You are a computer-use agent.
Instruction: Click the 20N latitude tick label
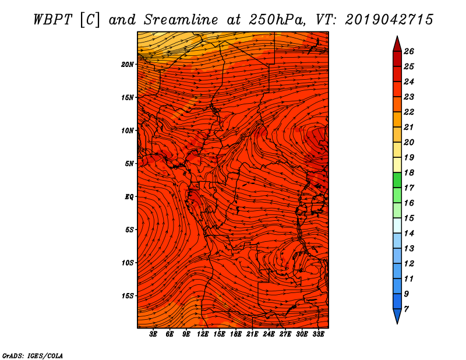click(x=127, y=65)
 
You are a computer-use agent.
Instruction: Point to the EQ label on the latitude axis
click(x=129, y=197)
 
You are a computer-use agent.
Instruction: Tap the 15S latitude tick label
click(x=128, y=296)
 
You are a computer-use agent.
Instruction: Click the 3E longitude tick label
click(x=153, y=334)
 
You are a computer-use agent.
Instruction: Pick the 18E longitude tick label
click(x=235, y=334)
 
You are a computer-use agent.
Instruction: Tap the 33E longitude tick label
click(x=318, y=334)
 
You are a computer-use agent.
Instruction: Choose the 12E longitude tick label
click(x=202, y=334)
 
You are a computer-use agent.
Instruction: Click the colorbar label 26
click(x=409, y=51)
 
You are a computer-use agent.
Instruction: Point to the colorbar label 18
click(x=409, y=172)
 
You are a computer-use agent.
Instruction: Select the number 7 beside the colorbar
click(x=406, y=309)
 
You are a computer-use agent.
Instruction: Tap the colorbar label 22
click(x=409, y=112)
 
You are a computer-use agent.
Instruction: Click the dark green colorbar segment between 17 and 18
click(x=397, y=180)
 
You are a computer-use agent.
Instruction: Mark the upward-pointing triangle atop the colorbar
click(x=397, y=45)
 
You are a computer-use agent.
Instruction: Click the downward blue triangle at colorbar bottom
click(x=397, y=316)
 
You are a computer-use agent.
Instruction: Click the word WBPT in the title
click(x=52, y=20)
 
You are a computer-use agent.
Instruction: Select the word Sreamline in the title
click(x=181, y=20)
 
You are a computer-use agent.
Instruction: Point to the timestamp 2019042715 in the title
click(x=389, y=20)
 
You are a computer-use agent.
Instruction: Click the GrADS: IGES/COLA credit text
click(x=33, y=355)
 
